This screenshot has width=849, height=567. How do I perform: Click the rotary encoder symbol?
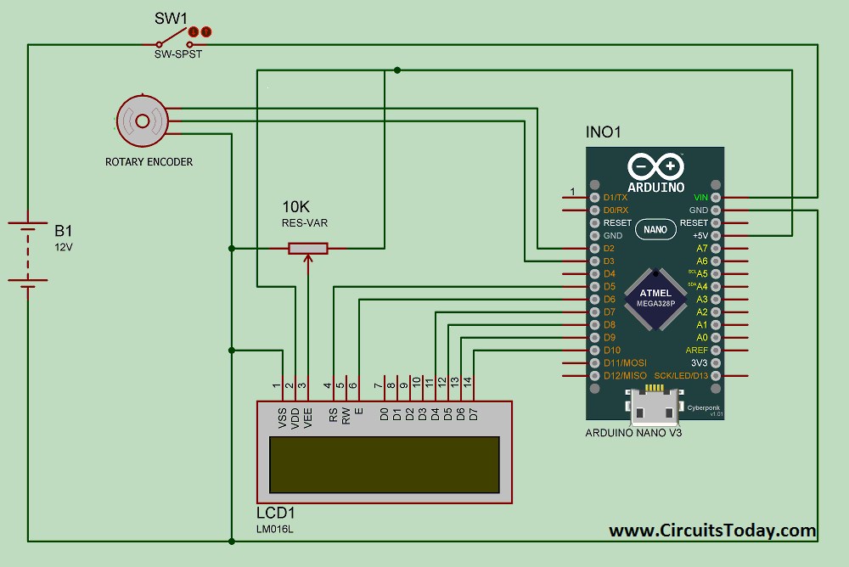(141, 121)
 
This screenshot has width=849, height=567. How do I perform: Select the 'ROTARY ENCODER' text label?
(149, 161)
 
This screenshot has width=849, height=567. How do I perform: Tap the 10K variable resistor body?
(307, 249)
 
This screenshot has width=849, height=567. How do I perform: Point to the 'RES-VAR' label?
(305, 224)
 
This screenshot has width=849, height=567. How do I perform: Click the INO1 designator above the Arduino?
(604, 133)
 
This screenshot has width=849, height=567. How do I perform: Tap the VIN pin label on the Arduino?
(700, 197)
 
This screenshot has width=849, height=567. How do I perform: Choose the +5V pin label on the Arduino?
(700, 235)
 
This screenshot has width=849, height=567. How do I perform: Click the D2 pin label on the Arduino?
(608, 248)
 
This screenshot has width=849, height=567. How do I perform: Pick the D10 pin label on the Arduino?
(611, 350)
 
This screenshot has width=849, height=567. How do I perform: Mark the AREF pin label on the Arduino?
(696, 350)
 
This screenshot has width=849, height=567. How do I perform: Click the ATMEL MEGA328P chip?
(655, 299)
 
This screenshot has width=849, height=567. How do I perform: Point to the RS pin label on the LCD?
(334, 415)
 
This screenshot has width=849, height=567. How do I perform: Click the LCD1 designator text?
(275, 514)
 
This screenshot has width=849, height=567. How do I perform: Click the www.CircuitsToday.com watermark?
(711, 531)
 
